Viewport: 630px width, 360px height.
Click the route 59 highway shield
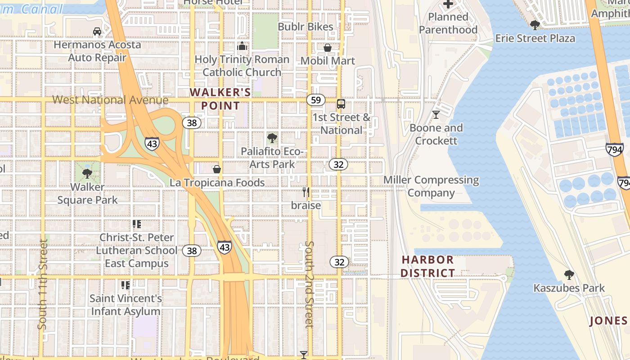point(316,99)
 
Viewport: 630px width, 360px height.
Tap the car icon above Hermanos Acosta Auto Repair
point(97,31)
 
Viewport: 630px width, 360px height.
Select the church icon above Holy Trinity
point(242,46)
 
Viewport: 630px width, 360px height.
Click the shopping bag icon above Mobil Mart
point(328,48)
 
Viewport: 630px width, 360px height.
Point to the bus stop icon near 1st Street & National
point(341,104)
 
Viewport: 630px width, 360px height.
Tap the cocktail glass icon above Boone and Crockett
point(436,115)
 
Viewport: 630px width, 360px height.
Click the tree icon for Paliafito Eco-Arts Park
point(272,138)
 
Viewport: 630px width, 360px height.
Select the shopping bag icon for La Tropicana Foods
point(217,169)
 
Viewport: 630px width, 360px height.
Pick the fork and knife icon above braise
point(306,192)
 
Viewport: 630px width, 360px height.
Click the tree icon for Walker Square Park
point(87,173)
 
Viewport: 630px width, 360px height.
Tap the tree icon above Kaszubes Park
point(569,274)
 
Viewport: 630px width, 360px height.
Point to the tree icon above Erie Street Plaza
point(535,25)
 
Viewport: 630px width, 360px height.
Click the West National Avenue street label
point(110,100)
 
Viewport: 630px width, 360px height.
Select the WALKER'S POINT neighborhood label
point(220,99)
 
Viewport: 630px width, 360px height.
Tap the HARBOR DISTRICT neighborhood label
point(427,266)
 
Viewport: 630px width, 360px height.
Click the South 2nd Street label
point(309,284)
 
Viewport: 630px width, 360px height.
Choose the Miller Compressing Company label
point(431,186)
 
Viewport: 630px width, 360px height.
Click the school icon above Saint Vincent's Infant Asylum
point(126,285)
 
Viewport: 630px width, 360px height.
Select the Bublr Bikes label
point(306,27)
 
